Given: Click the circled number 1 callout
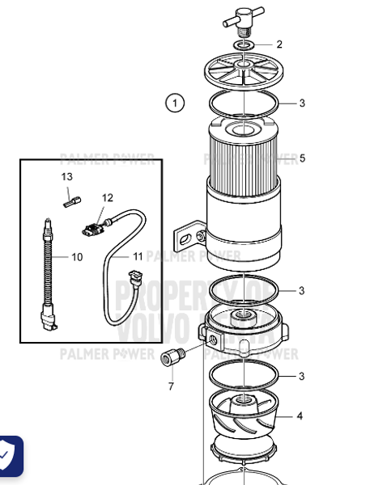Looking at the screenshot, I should coord(175,103).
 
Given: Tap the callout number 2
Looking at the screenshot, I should coord(279,44).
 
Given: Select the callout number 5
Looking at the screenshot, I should coord(302,158).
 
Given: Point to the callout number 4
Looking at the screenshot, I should coord(300,416).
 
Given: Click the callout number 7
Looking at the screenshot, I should coord(171,386).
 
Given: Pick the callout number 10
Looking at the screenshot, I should coord(77,257).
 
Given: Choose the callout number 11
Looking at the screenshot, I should coord(138,256).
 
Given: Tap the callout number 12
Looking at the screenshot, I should coord(108,197).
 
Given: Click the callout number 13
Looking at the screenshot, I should coord(66,176).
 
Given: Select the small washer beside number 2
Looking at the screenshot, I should coord(246,44).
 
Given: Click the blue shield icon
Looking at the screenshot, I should coord(7,458).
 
